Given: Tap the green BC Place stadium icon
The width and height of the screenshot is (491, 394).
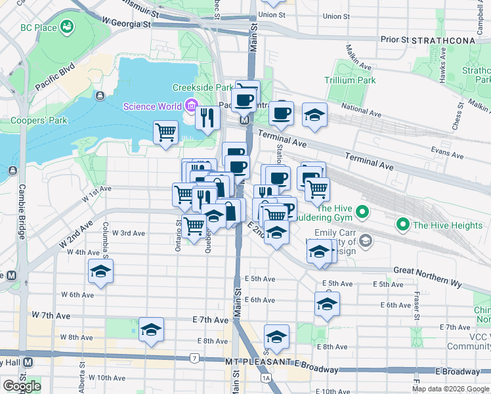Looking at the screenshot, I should [x=66, y=27].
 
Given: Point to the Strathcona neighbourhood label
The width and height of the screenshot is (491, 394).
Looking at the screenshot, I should [x=443, y=40].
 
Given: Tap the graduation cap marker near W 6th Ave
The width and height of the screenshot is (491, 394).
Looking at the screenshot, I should [x=100, y=271].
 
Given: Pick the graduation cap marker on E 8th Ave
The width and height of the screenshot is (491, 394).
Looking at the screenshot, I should [x=276, y=337].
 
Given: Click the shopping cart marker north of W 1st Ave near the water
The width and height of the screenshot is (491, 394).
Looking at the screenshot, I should [x=165, y=132].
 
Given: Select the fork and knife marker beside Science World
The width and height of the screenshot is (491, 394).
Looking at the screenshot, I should [x=207, y=119].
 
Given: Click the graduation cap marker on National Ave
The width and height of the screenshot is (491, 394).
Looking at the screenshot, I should [x=314, y=114].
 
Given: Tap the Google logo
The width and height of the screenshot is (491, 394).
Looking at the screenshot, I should [x=22, y=386].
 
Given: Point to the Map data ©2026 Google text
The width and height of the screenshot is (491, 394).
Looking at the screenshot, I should [x=450, y=389].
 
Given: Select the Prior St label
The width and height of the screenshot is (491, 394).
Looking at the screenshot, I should [x=395, y=39].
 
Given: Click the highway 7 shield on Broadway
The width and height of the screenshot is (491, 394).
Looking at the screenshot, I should [x=194, y=358].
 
